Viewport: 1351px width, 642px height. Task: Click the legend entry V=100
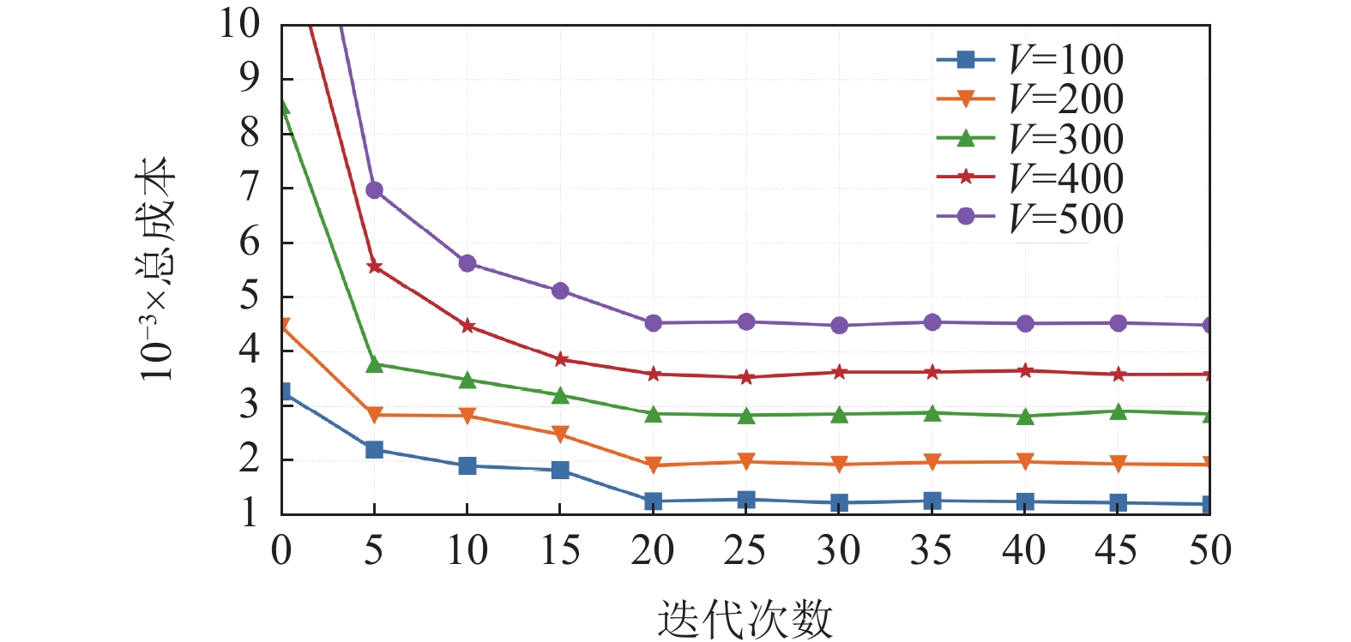(x=1029, y=59)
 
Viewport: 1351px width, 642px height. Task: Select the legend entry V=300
(x=1029, y=139)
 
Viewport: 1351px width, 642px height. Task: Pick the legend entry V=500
(x=1029, y=218)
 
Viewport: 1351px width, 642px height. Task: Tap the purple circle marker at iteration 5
(x=374, y=190)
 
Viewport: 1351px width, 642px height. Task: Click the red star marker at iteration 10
(x=467, y=326)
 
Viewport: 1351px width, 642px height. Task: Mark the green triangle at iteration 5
(x=374, y=364)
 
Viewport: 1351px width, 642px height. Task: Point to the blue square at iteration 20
(x=653, y=501)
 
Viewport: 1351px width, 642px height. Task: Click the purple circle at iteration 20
(x=653, y=323)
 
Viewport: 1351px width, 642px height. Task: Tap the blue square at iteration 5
(x=374, y=450)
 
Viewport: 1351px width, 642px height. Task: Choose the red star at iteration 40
(x=1024, y=371)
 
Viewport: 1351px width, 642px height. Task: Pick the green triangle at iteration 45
(x=1118, y=411)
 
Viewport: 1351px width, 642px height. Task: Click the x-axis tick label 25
(x=745, y=551)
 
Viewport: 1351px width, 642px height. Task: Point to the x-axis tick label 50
(x=1209, y=551)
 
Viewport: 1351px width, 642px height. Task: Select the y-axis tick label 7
(x=250, y=187)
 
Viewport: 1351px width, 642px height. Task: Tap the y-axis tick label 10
(x=239, y=24)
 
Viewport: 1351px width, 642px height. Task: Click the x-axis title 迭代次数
(x=745, y=618)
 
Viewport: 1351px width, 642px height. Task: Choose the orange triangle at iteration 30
(x=839, y=465)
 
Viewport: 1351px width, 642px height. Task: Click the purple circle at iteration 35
(x=932, y=322)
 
